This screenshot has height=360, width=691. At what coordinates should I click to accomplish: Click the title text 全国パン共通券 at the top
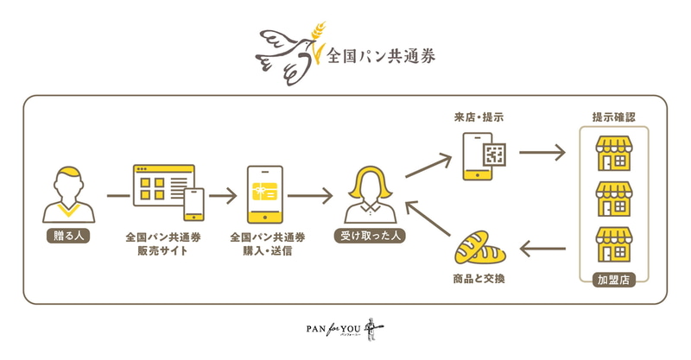(381, 57)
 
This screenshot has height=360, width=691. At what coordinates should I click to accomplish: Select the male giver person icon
(67, 194)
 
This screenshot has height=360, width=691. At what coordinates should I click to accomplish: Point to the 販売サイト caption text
(163, 251)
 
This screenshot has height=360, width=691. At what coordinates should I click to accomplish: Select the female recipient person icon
(371, 195)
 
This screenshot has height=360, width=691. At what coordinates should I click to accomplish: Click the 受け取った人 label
(371, 234)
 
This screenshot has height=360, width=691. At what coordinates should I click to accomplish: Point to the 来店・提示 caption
(484, 117)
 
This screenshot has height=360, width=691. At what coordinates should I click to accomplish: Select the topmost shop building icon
(615, 155)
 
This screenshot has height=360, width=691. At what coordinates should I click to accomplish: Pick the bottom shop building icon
(615, 245)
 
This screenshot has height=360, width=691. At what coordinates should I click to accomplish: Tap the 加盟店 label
(615, 279)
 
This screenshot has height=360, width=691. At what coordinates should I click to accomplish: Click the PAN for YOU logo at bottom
(345, 329)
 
